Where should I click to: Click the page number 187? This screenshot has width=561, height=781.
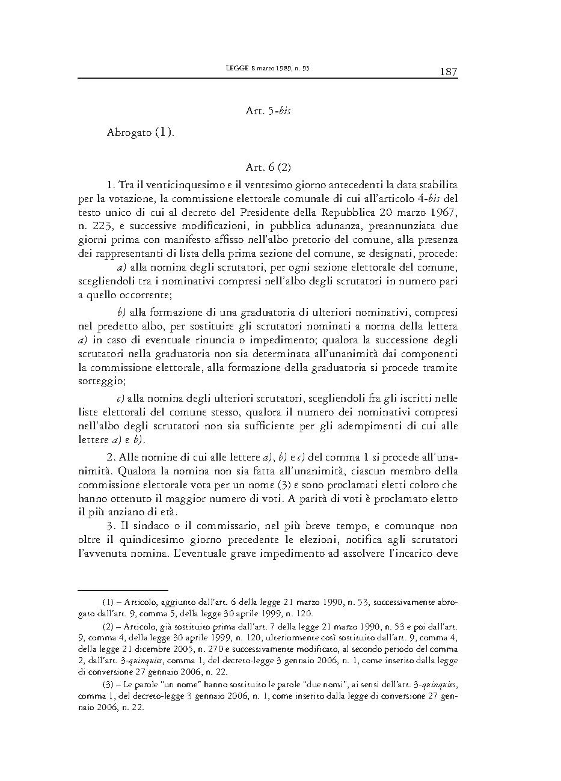[x=449, y=72]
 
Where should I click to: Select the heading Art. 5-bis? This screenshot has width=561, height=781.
[x=268, y=111]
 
